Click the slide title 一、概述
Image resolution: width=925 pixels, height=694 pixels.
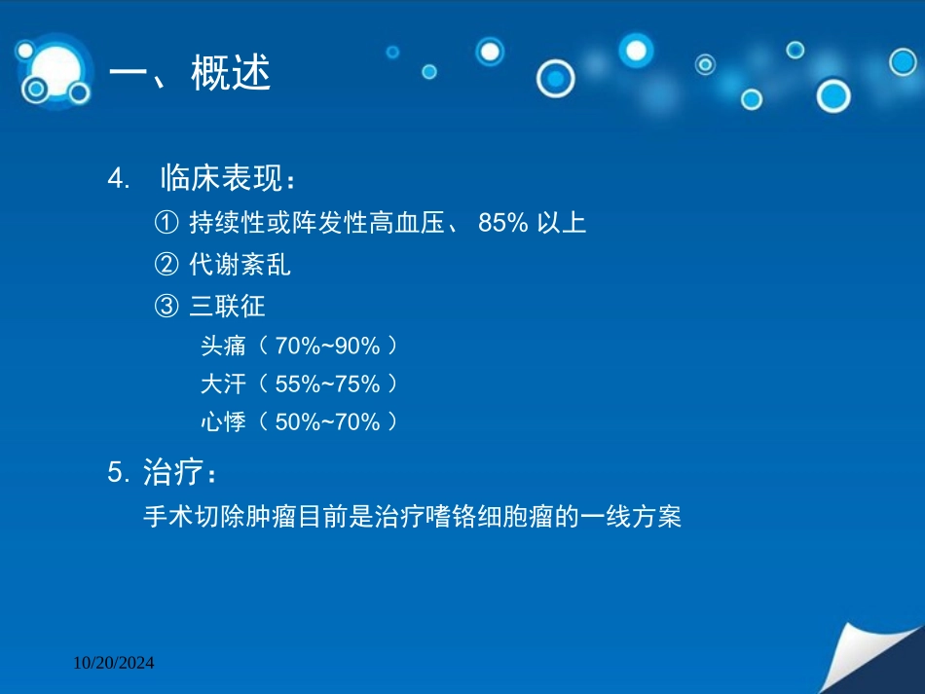click(189, 73)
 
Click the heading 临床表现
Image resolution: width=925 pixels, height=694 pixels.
click(221, 177)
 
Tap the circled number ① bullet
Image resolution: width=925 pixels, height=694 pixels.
click(166, 223)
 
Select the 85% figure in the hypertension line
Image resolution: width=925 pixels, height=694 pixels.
click(502, 223)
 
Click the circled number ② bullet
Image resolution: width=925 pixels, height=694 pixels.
click(166, 264)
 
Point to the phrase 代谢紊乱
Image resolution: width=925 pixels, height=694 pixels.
click(240, 264)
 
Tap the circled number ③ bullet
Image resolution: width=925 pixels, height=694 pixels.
click(166, 306)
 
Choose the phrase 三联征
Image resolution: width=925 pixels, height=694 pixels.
click(227, 306)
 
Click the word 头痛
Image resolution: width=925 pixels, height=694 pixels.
click(223, 346)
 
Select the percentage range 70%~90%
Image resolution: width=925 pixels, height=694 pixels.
click(327, 347)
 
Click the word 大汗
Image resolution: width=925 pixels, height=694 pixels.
click(223, 384)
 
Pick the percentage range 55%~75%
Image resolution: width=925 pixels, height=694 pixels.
click(327, 384)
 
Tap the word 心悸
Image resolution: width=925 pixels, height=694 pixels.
click(223, 421)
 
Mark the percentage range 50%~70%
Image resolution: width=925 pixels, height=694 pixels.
click(327, 422)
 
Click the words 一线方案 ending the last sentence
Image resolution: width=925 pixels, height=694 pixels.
click(631, 517)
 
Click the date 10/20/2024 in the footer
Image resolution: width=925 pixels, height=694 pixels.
click(113, 663)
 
